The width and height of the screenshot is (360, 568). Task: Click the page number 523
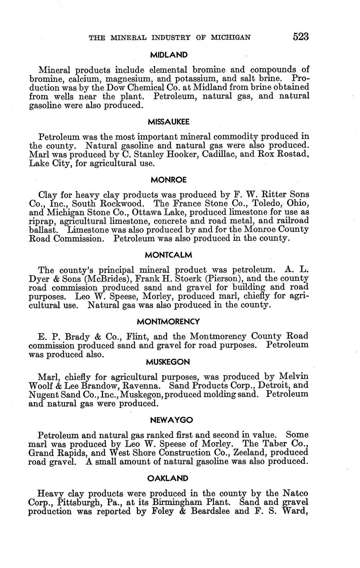pos(300,37)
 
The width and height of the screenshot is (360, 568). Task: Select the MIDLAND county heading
pos(169,55)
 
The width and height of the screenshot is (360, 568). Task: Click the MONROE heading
pos(169,180)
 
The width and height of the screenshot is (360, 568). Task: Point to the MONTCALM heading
pos(169,255)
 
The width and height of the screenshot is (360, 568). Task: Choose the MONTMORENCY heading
pos(169,321)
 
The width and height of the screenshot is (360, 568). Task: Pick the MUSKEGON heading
pos(168,362)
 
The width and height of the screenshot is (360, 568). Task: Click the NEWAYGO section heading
pos(169,420)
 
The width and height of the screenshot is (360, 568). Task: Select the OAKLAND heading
pos(169,478)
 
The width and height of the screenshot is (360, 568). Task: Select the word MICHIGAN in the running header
pos(230,37)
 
